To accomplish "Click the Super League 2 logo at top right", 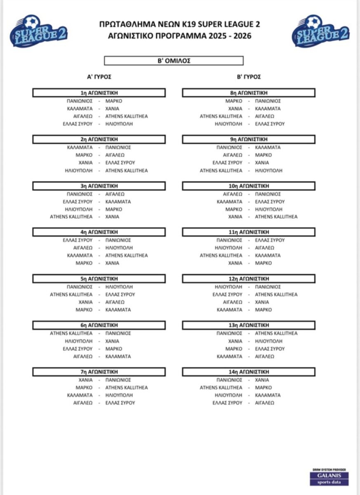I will (320, 31).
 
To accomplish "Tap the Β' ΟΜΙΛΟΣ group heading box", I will (174, 61).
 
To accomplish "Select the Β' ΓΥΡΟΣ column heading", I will (249, 77).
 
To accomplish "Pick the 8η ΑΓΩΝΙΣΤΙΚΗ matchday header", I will (249, 93).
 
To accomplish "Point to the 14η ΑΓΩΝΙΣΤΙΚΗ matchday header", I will (249, 372).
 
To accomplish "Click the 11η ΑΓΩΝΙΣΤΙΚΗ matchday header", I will (249, 232).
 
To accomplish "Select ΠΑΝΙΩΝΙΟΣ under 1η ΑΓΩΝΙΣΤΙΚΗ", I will (80, 101).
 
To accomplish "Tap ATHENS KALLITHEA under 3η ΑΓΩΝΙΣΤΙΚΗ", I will (71, 217).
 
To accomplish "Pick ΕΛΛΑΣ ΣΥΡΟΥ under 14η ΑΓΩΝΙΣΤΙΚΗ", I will (227, 403).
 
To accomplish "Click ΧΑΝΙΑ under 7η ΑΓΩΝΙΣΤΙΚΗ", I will (86, 379).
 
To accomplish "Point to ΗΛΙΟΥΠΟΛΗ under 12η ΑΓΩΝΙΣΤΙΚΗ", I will (228, 287).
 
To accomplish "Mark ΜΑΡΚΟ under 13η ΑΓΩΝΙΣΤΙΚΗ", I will (234, 349).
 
